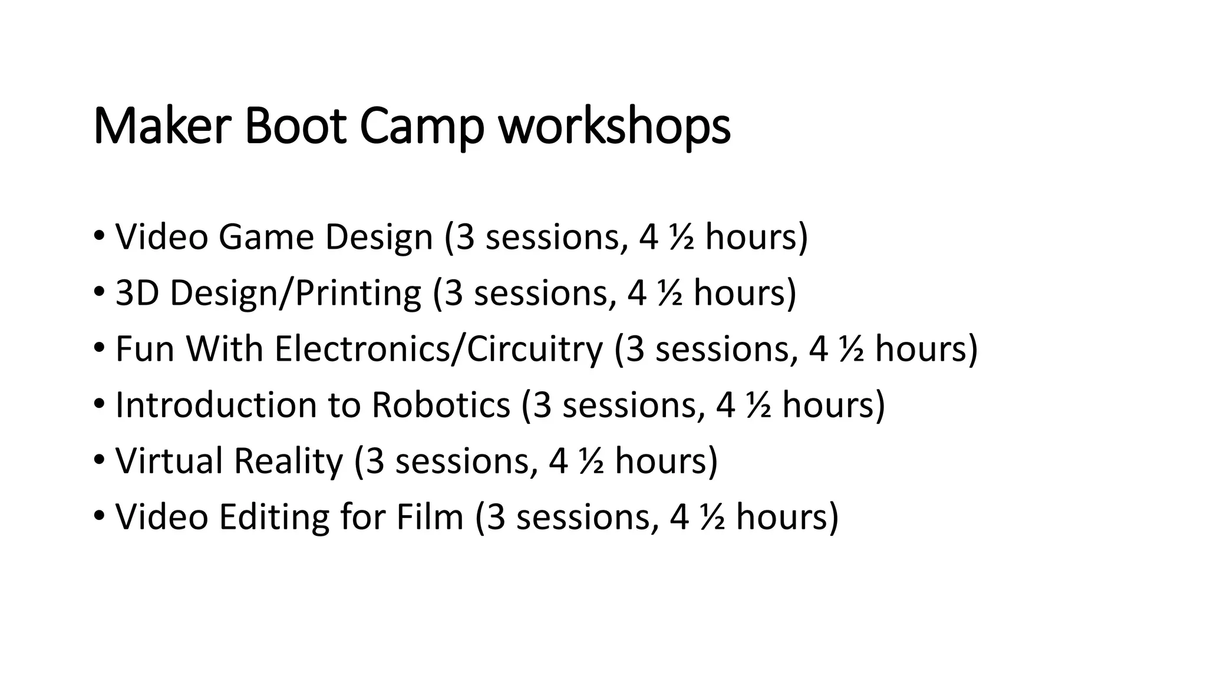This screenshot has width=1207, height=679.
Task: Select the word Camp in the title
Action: click(422, 127)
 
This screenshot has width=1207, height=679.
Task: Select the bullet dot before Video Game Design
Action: click(99, 236)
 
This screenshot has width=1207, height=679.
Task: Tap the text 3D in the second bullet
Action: click(137, 293)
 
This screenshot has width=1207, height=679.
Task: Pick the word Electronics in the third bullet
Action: click(361, 349)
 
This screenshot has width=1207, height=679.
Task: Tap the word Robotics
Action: click(440, 405)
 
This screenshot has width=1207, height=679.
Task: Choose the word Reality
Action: click(288, 462)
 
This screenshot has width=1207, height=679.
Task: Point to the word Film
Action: click(430, 517)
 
